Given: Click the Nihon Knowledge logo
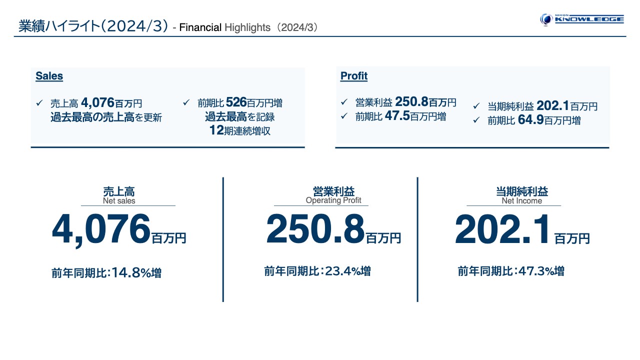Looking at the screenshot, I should [582, 19].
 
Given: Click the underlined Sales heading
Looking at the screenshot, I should [49, 76].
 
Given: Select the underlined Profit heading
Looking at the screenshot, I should [353, 76].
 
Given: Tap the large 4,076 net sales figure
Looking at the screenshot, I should [101, 229].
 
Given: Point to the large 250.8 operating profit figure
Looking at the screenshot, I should [315, 229].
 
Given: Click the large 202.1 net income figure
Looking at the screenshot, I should [502, 229].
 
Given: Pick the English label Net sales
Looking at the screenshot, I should [119, 201].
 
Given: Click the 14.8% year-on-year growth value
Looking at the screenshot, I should [131, 273].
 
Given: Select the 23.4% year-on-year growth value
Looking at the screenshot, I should [343, 271].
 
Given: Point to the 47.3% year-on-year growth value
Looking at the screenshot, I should [536, 271].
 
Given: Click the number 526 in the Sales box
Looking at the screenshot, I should [236, 103].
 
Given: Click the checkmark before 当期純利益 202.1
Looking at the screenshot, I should [476, 106].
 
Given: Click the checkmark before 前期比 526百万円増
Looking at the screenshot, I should [186, 103].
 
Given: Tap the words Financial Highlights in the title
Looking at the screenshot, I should [224, 27].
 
